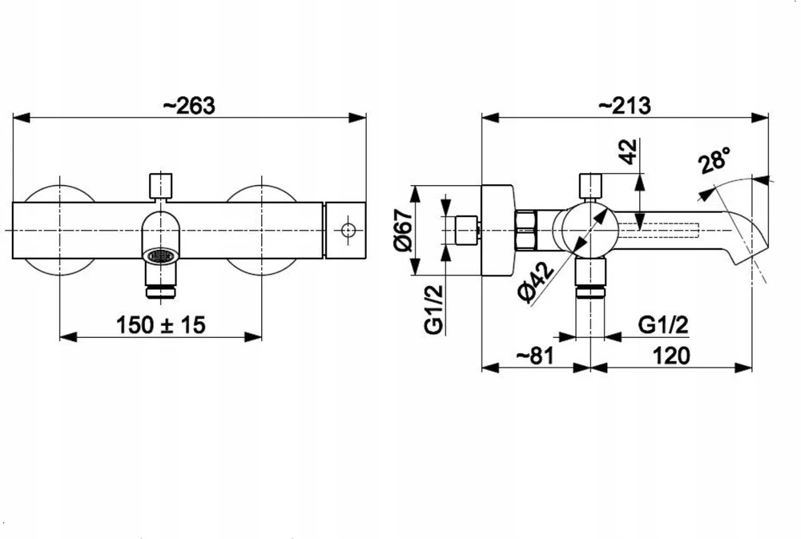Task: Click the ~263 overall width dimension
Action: click(189, 106)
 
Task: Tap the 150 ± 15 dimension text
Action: click(161, 325)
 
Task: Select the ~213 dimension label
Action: click(624, 106)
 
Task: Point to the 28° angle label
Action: click(714, 160)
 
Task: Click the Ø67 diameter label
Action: click(403, 230)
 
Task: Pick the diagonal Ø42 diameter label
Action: click(535, 282)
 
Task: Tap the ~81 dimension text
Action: click(535, 356)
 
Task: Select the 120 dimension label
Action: click(671, 356)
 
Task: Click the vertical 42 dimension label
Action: click(629, 151)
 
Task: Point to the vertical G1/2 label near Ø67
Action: click(433, 309)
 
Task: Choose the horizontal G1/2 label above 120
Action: click(663, 325)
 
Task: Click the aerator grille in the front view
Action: click(162, 255)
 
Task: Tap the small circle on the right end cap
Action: click(348, 231)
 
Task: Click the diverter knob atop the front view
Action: click(160, 186)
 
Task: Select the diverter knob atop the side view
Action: click(591, 186)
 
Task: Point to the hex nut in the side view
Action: click(526, 231)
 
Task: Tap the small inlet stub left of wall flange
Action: click(466, 231)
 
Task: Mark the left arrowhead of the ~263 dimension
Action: click(22, 118)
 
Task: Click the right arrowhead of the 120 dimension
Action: click(743, 368)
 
